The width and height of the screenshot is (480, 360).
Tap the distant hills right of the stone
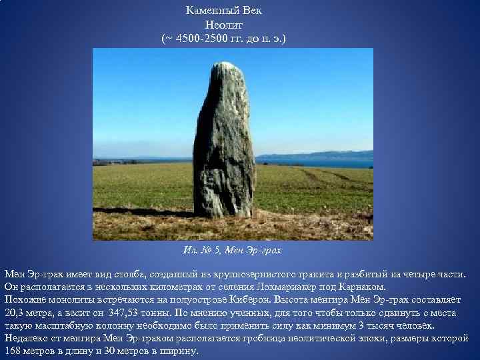point(320,156)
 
